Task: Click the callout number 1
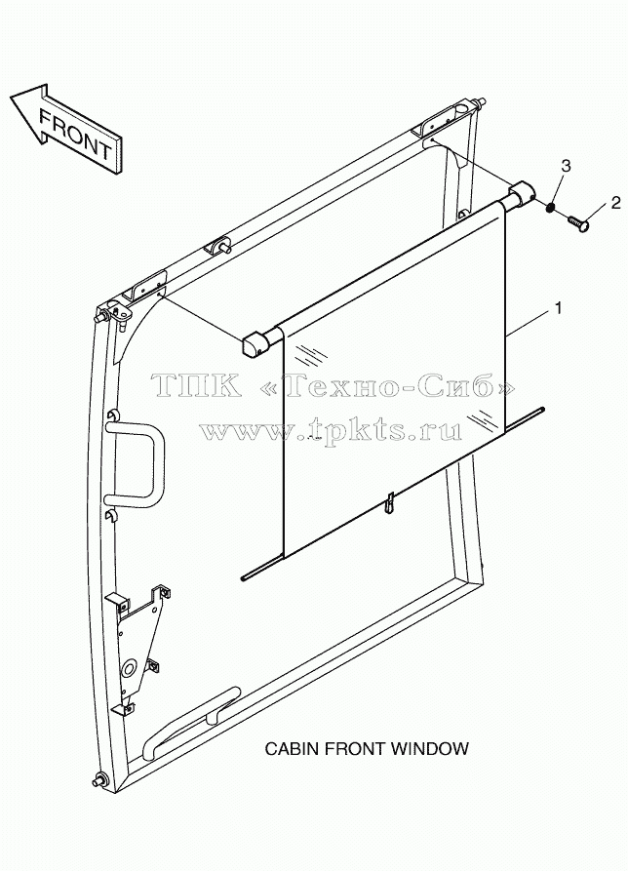pyautogui.click(x=559, y=307)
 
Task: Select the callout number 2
pyautogui.click(x=615, y=203)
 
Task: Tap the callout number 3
pyautogui.click(x=566, y=165)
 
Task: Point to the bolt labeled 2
pyautogui.click(x=577, y=224)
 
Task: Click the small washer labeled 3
pyautogui.click(x=549, y=208)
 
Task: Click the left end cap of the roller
pyautogui.click(x=254, y=344)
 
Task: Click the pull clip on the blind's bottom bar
pyautogui.click(x=391, y=501)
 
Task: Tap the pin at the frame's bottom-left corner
pyautogui.click(x=101, y=780)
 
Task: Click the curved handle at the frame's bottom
pyautogui.click(x=189, y=721)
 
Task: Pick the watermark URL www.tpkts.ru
pyautogui.click(x=331, y=429)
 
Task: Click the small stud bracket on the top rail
pyautogui.click(x=218, y=248)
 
